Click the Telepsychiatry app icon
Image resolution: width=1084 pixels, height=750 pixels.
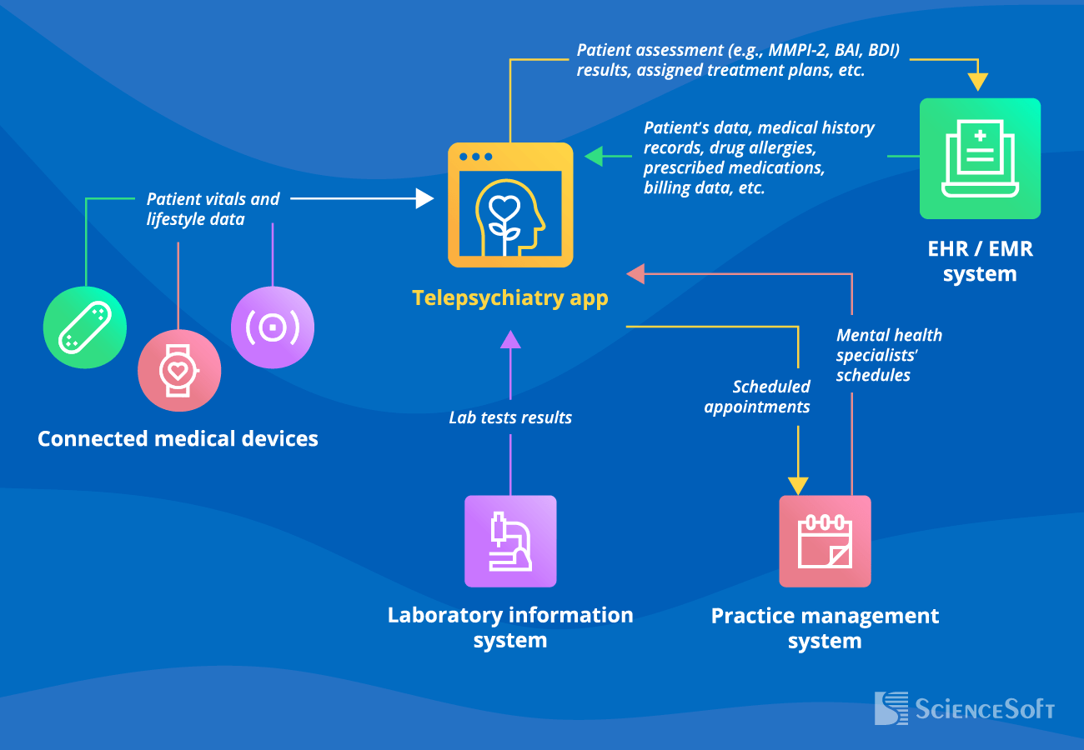coord(510,205)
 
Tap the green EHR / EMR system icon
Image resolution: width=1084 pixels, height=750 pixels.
coord(980,158)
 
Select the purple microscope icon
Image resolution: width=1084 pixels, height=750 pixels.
coord(510,541)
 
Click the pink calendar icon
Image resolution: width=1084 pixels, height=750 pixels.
coord(825,541)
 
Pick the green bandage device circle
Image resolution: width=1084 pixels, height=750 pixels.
coord(84,327)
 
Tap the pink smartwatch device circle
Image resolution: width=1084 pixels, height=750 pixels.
coord(178,369)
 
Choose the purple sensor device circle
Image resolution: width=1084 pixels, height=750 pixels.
coord(273,327)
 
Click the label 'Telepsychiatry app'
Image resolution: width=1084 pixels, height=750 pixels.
coord(510,297)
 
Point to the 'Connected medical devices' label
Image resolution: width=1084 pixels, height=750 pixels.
coord(178,438)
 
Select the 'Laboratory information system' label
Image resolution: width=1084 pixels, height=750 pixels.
coord(510,627)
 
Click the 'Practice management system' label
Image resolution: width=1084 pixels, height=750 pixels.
coord(825,628)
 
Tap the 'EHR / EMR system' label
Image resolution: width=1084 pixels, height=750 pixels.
coord(980,261)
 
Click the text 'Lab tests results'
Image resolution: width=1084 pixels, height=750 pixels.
coord(510,417)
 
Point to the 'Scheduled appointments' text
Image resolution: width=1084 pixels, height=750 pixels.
coord(757,397)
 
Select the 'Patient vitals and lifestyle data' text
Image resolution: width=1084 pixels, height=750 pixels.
coord(213,209)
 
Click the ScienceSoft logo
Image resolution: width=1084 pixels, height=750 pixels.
coord(964,708)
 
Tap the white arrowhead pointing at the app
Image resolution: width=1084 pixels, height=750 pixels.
coord(425,198)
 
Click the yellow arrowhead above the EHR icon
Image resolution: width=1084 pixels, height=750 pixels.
coord(977,82)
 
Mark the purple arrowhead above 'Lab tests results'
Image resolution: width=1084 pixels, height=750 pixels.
coord(510,338)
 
